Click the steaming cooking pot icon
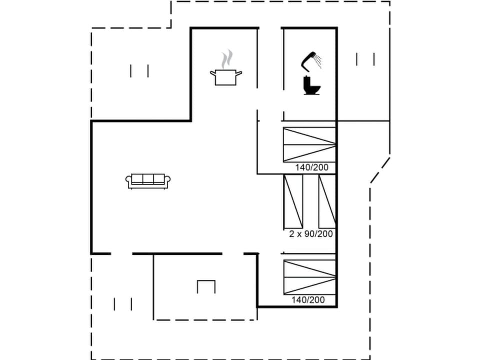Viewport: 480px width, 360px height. [225, 76]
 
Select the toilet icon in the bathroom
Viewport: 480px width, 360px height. [311, 86]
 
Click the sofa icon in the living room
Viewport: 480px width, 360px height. [148, 181]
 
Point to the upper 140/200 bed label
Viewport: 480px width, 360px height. [311, 167]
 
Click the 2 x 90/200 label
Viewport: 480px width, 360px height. [311, 233]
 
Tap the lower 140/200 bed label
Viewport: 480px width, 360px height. [308, 300]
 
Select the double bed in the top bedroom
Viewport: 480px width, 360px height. [309, 144]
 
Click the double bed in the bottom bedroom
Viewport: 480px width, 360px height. [309, 277]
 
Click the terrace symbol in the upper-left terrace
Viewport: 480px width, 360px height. [139, 71]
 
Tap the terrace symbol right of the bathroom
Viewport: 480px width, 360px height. [365, 59]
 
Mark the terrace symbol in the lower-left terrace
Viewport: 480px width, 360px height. [123, 304]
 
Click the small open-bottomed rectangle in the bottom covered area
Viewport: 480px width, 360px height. [206, 286]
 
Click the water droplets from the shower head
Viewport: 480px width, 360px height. [318, 62]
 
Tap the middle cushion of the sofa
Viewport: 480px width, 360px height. [148, 179]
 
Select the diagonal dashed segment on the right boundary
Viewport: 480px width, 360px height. [379, 171]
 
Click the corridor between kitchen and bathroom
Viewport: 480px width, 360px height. [270, 75]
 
